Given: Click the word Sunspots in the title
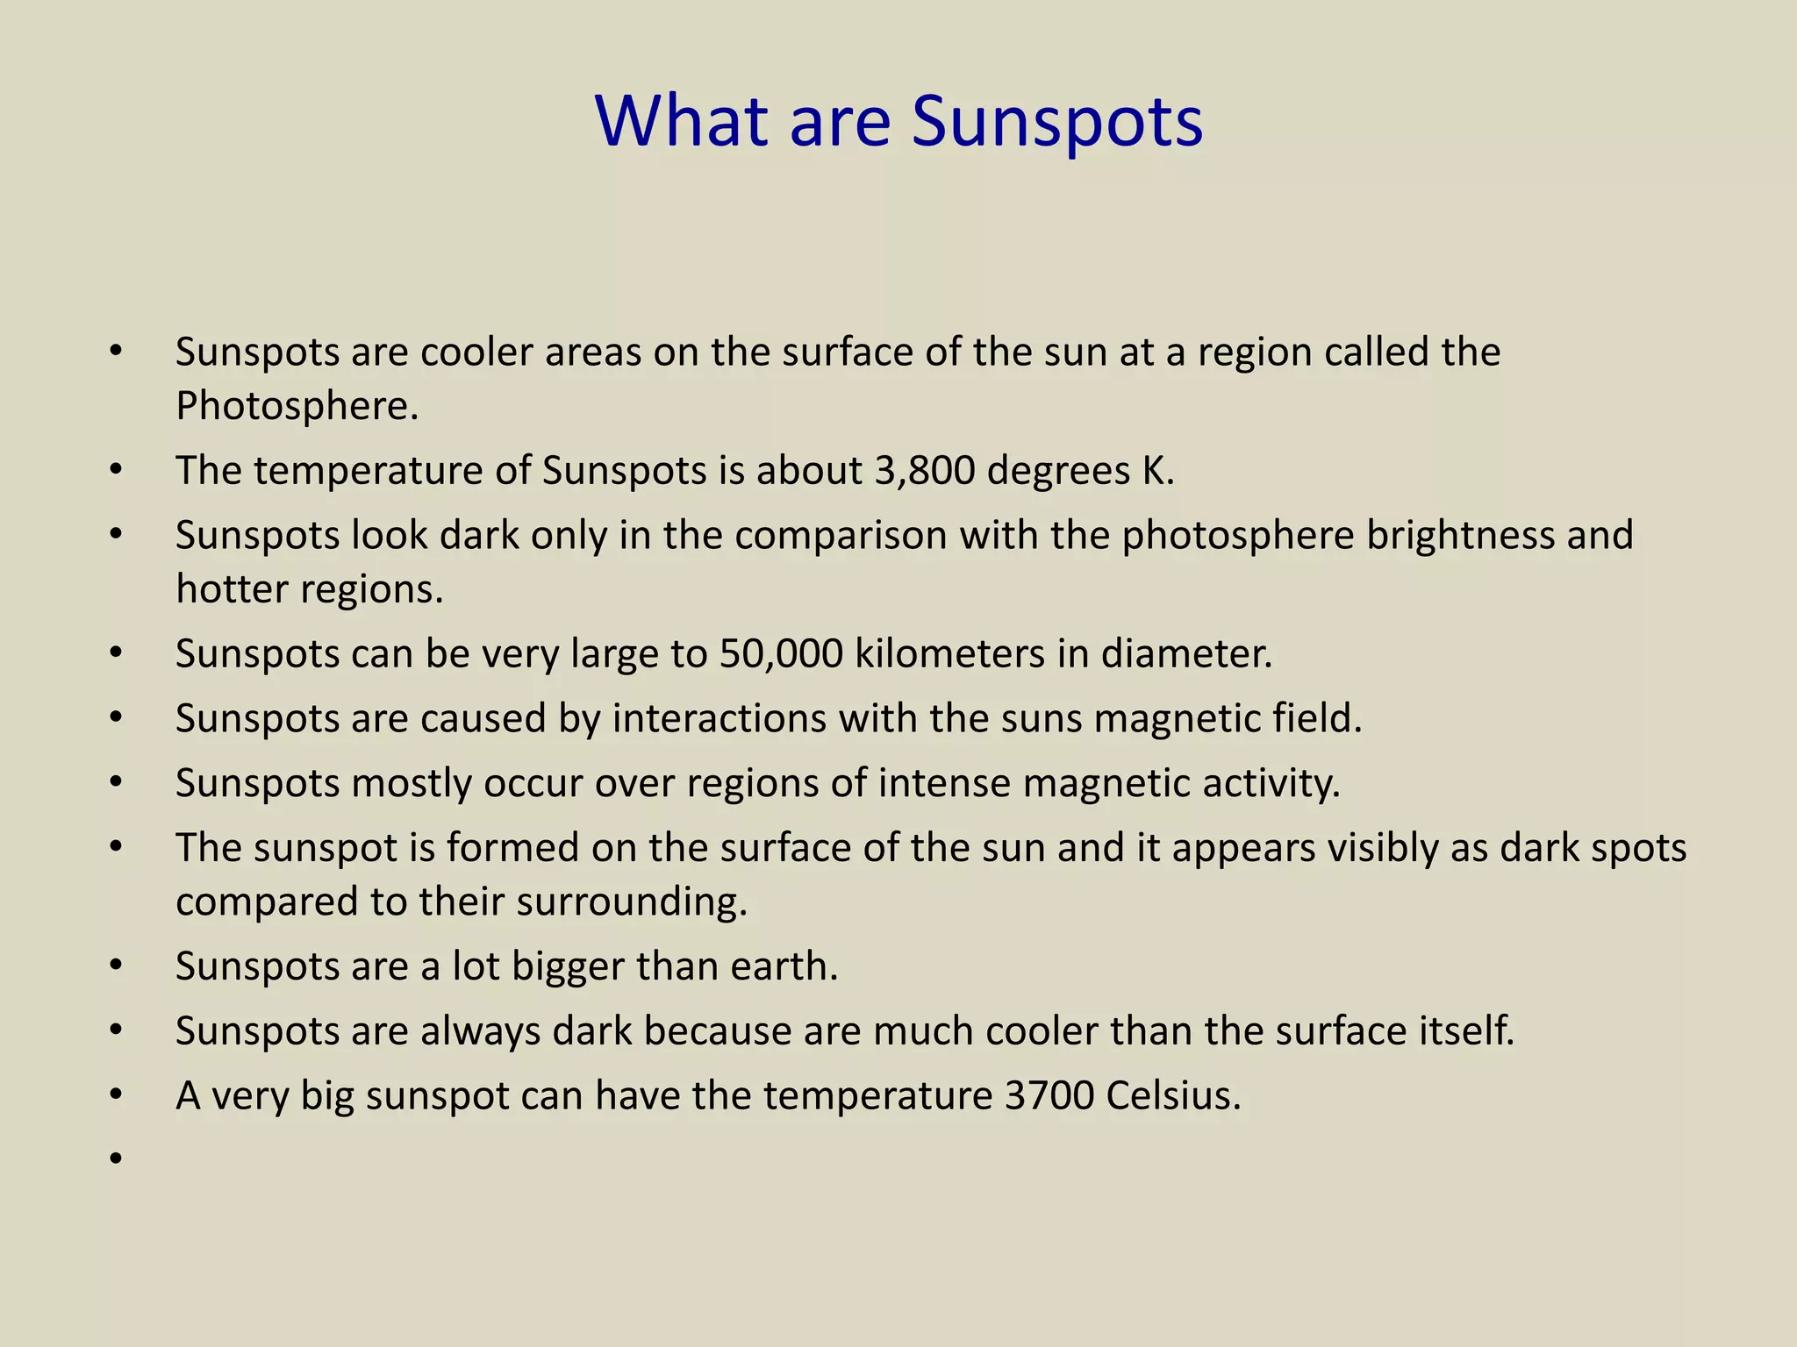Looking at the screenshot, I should point(1056,122).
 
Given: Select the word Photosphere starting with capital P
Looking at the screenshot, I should point(297,406).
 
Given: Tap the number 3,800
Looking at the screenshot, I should point(925,471).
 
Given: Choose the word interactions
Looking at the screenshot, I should point(719,718).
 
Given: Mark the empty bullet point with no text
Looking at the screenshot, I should point(116,1160).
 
